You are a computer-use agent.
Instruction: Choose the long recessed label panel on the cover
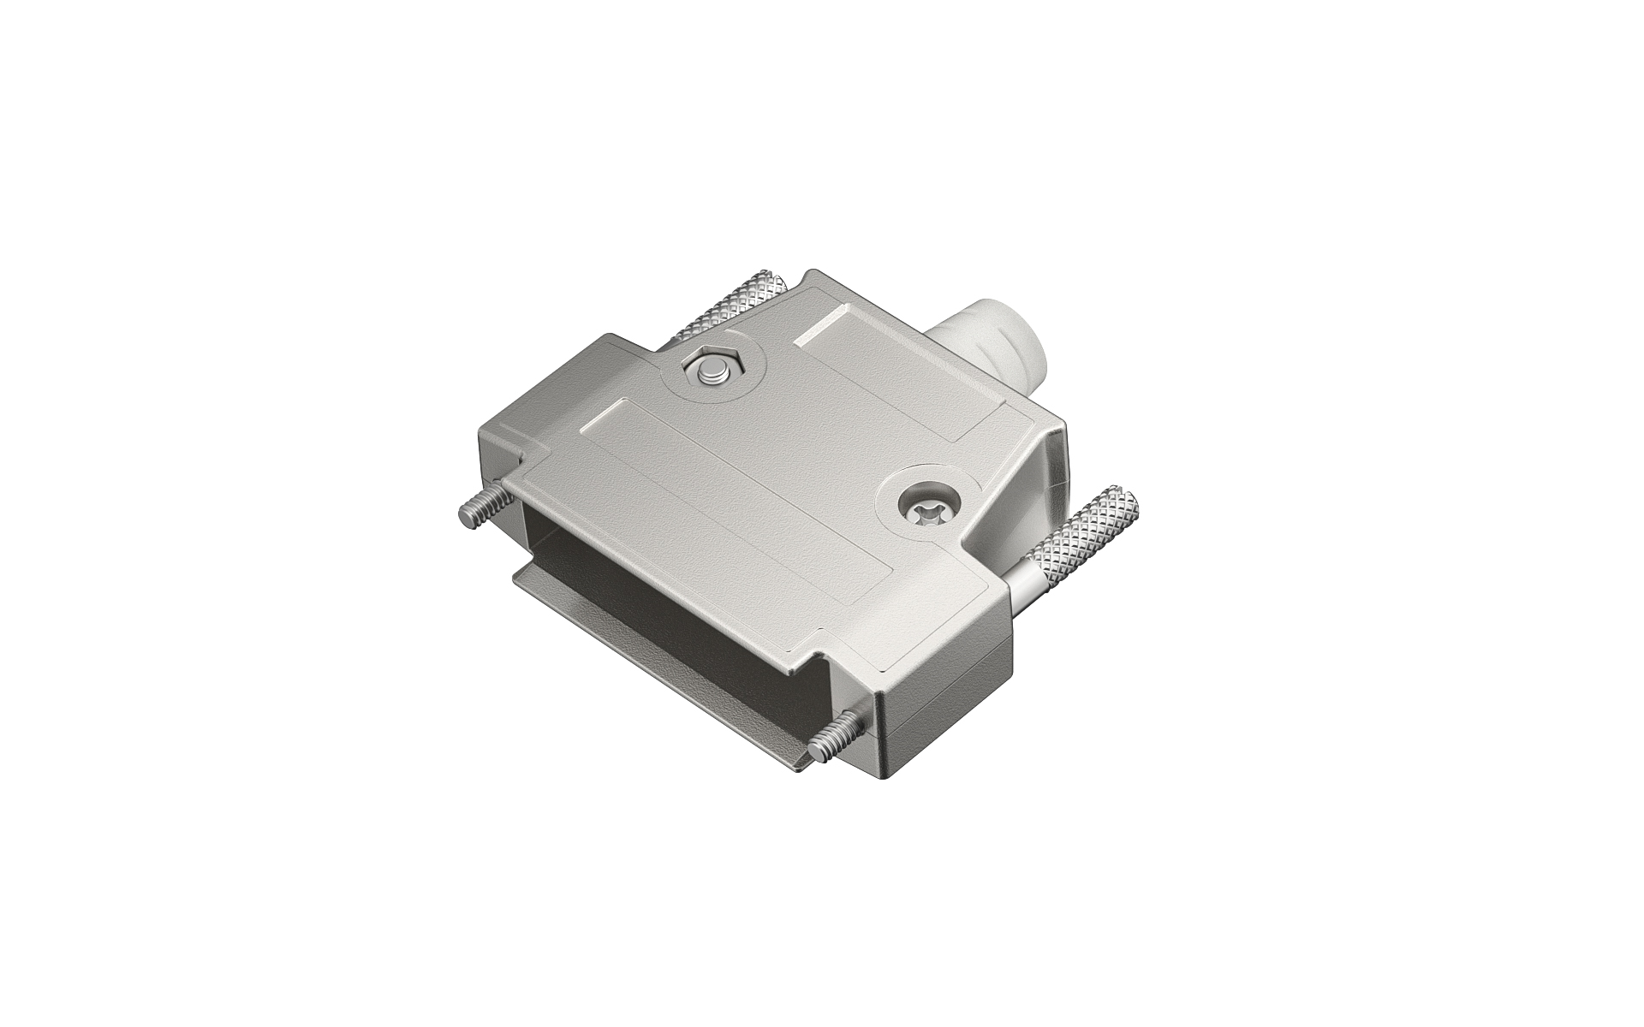point(736,505)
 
